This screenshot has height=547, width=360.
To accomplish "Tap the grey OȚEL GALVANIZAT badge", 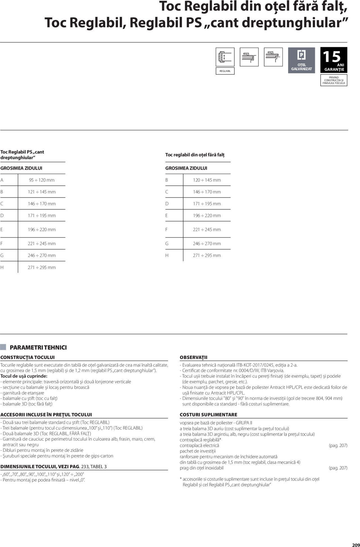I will click(x=301, y=60).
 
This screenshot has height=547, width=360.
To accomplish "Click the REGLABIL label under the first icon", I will click(x=225, y=71).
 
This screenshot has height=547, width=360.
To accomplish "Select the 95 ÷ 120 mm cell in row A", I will click(x=42, y=180).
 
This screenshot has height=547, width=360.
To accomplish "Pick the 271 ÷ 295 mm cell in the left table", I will click(x=42, y=267).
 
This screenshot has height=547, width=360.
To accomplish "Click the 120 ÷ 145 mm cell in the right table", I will click(x=207, y=180).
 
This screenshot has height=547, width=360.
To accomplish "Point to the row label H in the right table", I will click(x=167, y=255).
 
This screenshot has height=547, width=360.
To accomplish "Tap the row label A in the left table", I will click(x=2, y=180).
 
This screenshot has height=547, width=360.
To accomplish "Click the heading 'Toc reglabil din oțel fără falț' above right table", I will click(x=195, y=155).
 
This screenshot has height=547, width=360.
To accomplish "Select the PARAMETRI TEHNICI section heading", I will click(x=38, y=348).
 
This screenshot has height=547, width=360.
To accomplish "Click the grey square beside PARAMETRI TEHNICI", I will click(x=3, y=347).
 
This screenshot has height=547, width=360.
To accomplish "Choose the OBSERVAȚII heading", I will click(x=193, y=357).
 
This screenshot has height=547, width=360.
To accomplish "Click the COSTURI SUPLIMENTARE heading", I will click(x=208, y=415).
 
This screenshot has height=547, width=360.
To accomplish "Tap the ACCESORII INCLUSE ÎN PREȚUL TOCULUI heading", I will click(x=46, y=415).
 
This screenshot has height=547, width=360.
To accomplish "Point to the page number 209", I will click(x=356, y=544).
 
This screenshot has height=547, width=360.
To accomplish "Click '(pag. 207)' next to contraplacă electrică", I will click(x=338, y=445).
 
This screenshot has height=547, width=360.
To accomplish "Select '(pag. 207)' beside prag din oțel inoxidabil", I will click(x=338, y=468).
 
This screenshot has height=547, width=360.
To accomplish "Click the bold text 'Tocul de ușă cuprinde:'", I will click(x=24, y=376).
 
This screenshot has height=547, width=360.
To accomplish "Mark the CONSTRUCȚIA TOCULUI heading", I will click(x=28, y=357).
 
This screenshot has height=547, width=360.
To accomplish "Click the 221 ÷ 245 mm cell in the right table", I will click(x=207, y=229).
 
